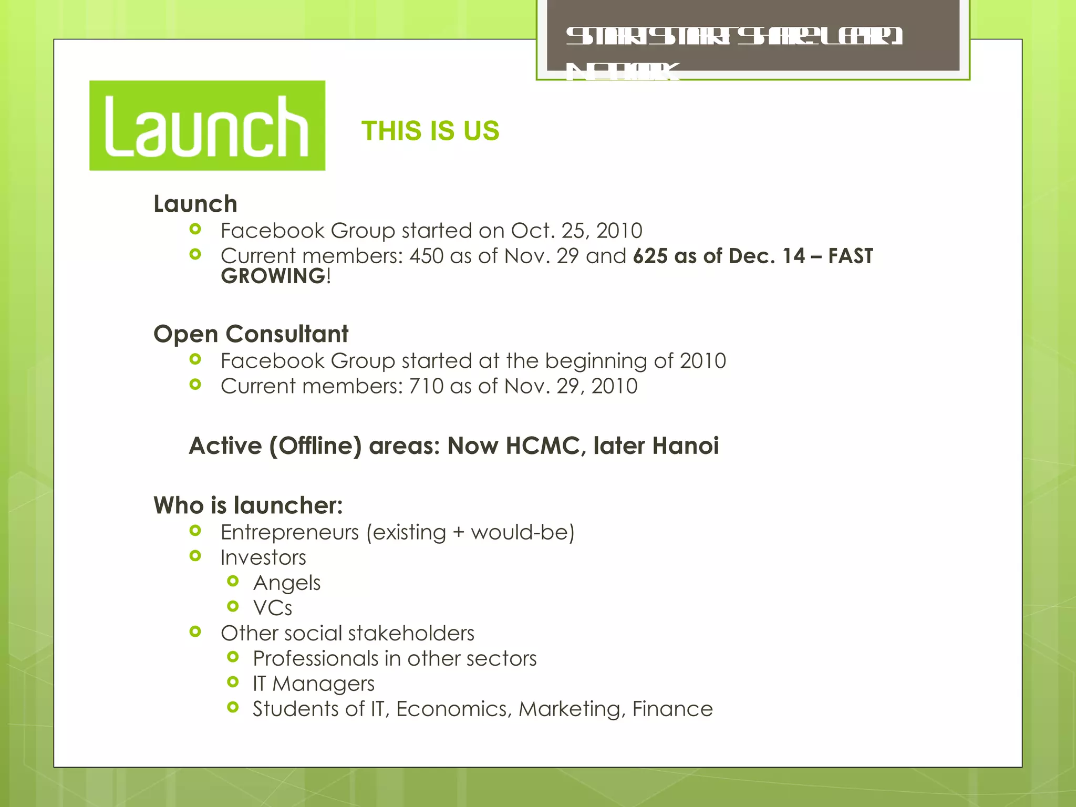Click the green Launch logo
[x=207, y=126]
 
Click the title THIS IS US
[x=430, y=131]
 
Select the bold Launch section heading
[x=195, y=204]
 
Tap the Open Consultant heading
[x=251, y=334]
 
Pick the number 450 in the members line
[x=426, y=256]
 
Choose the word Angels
[x=287, y=583]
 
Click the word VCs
[x=273, y=608]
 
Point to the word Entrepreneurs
[x=289, y=533]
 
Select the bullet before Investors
[x=195, y=556]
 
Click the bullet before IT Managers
[x=233, y=682]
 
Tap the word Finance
[x=672, y=709]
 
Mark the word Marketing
[x=572, y=709]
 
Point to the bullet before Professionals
[x=233, y=657]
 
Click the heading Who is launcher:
[x=248, y=505]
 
